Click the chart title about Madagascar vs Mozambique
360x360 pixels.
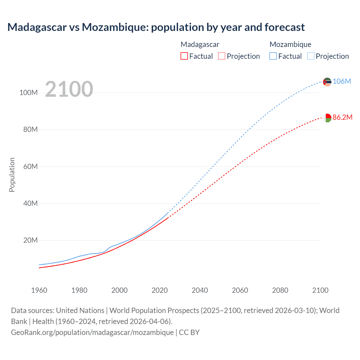(x=156, y=27)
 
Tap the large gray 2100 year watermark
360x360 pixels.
(x=69, y=89)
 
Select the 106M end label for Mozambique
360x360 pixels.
(x=342, y=81)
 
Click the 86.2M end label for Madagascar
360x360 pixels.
(x=342, y=117)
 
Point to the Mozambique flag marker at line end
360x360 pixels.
(x=327, y=82)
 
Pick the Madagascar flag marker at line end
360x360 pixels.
(x=327, y=118)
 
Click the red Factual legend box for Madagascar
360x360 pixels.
(x=184, y=56)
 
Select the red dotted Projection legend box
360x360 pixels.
(x=222, y=56)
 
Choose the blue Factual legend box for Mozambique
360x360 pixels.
(x=273, y=56)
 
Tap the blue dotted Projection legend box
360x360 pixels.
(x=310, y=56)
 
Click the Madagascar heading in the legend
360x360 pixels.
(x=200, y=44)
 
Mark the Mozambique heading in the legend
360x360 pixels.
(x=290, y=44)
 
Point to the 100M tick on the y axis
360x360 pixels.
(x=28, y=93)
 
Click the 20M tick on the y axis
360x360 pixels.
(x=30, y=240)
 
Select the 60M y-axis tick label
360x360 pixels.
(x=30, y=166)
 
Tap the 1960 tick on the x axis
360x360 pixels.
(x=39, y=290)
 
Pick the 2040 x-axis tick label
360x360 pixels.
(x=200, y=290)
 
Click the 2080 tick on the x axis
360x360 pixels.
(x=280, y=290)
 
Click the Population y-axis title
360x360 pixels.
(x=12, y=175)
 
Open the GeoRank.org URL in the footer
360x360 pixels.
(x=92, y=332)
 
